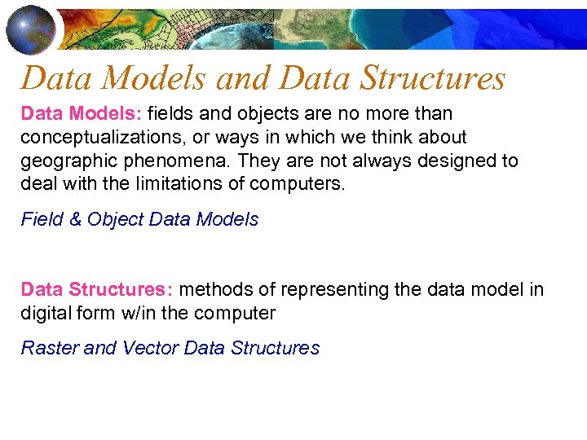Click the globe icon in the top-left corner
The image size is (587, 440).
(x=31, y=29)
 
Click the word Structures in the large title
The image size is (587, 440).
(x=432, y=78)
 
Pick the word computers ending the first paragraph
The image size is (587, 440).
(x=296, y=184)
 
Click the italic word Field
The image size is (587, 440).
(x=39, y=219)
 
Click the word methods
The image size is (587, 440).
(x=214, y=290)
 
